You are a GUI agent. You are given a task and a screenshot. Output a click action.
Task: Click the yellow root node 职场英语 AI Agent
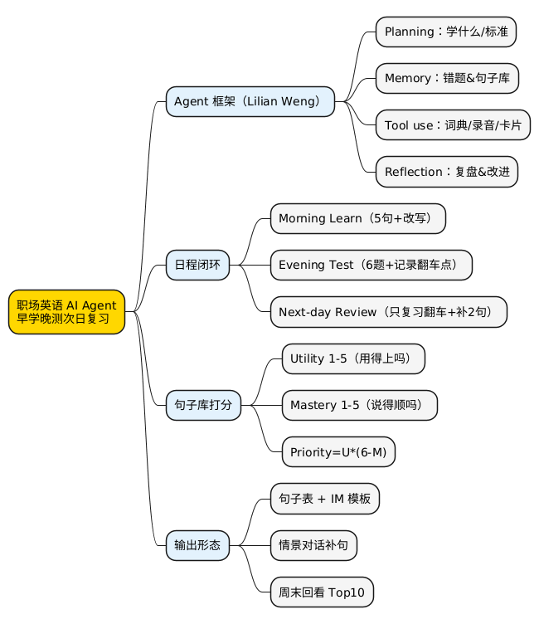[67, 312]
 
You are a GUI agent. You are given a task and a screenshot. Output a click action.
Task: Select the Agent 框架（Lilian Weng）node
[250, 101]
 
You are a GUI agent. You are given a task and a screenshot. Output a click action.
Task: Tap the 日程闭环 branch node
[197, 265]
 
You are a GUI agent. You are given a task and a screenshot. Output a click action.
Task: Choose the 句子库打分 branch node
[203, 406]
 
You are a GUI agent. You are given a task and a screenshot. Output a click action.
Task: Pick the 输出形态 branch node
[197, 545]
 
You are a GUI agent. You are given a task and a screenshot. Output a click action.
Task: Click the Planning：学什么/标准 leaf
[446, 32]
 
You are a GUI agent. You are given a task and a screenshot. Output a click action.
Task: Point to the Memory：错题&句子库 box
[447, 78]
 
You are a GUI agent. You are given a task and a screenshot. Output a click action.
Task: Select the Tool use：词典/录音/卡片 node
[453, 125]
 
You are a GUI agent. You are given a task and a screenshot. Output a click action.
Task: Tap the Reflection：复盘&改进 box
[447, 172]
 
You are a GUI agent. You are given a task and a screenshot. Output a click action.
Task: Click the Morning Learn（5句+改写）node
[358, 219]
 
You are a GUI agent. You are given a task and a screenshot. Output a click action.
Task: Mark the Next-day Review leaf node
[388, 312]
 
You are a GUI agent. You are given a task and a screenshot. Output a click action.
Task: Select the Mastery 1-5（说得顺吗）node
[359, 406]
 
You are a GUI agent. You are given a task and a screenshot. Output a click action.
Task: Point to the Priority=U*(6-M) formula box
[338, 452]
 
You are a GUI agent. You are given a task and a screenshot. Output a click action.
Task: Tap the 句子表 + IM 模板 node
[325, 499]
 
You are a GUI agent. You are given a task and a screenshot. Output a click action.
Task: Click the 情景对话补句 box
[313, 545]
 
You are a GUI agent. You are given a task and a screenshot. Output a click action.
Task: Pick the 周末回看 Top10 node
[322, 592]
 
